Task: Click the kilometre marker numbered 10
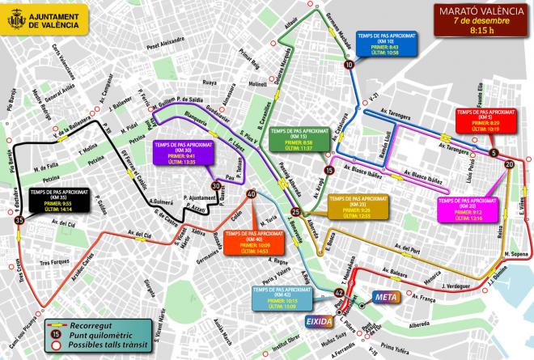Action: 348,65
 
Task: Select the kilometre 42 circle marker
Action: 338,290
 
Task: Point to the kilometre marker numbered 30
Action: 215,186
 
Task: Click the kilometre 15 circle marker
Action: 328,170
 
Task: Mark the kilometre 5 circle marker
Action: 493,152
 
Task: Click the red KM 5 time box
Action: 483,120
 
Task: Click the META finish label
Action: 384,297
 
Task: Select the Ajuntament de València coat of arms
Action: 14,20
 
